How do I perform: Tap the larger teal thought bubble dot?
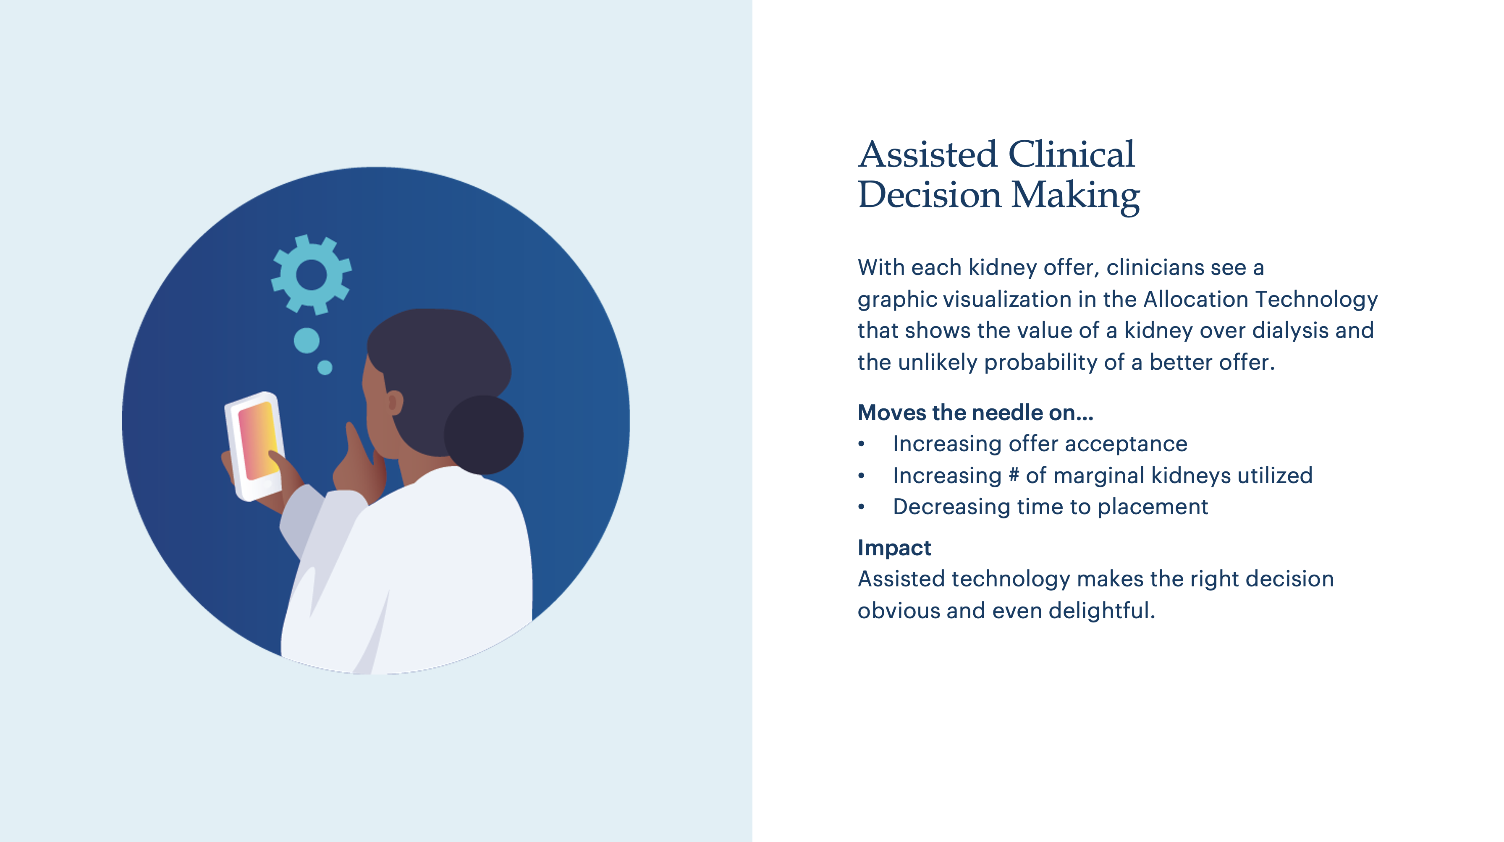click(x=307, y=340)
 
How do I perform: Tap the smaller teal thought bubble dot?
click(x=325, y=368)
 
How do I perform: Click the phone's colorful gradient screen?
click(x=259, y=440)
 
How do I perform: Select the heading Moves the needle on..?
click(x=975, y=413)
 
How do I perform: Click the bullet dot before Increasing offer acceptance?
click(x=861, y=444)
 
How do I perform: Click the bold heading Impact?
click(x=894, y=548)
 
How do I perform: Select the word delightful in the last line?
click(x=1102, y=611)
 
